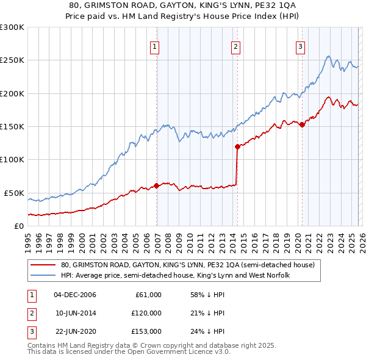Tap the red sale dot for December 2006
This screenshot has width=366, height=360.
click(157, 185)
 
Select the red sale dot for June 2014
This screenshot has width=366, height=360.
click(237, 146)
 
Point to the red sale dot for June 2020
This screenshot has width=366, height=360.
click(302, 125)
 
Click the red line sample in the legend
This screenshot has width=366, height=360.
click(44, 265)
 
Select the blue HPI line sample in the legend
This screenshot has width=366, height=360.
click(44, 276)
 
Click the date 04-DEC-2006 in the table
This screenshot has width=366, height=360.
click(75, 295)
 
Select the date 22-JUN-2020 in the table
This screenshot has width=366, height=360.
click(75, 331)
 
